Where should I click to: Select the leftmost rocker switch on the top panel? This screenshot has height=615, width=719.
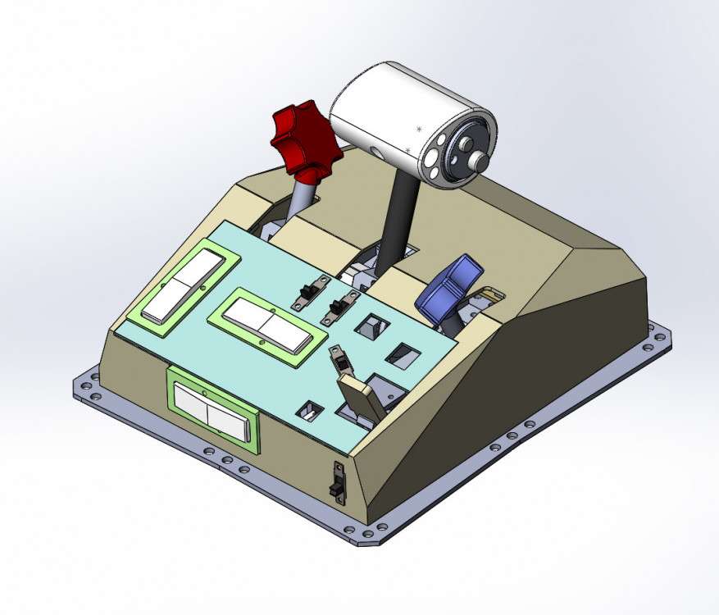[182, 285]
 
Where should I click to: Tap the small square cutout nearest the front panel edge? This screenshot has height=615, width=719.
[312, 410]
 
